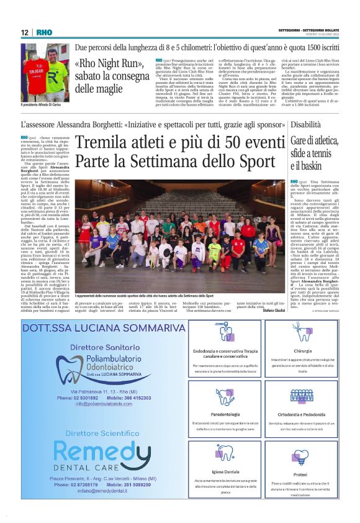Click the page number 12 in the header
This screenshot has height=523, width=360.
click(24, 32)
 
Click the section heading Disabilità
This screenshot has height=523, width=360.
click(306, 125)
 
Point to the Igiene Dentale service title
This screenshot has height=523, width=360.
click(224, 471)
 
